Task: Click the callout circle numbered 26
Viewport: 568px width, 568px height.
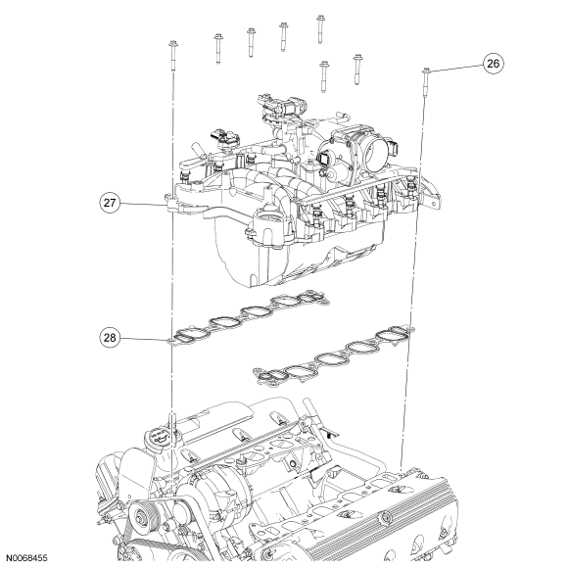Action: pos(493,64)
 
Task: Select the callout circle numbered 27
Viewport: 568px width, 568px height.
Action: pos(110,203)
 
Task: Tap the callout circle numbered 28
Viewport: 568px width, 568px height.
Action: pos(110,338)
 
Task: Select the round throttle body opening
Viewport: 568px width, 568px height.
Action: pos(373,146)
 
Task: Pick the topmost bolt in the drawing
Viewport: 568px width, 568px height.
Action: pos(320,29)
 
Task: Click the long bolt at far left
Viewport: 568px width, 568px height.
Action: pos(172,57)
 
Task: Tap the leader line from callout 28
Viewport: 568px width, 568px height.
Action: pos(143,339)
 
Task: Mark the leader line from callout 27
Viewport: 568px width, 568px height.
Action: pos(142,204)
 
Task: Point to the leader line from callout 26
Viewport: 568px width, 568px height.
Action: pos(456,69)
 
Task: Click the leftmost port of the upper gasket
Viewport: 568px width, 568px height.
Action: pos(189,334)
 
